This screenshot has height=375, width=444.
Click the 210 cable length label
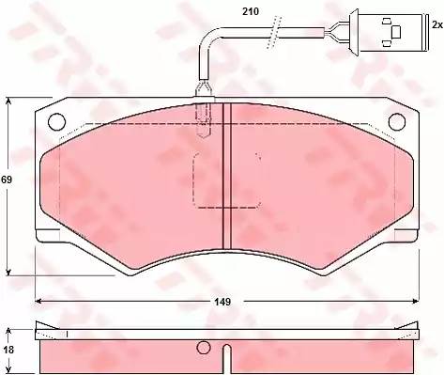click(x=251, y=11)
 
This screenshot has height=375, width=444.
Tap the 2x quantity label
click(x=436, y=24)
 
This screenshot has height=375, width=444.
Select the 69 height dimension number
click(x=7, y=180)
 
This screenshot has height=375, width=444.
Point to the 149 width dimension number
click(x=222, y=302)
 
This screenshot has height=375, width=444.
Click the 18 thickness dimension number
click(x=8, y=350)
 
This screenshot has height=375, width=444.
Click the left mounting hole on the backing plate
click(x=57, y=121)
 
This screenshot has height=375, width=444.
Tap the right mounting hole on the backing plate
click(x=397, y=121)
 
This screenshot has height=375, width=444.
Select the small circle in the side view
click(x=204, y=347)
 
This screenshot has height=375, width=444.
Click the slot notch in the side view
click(x=226, y=359)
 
